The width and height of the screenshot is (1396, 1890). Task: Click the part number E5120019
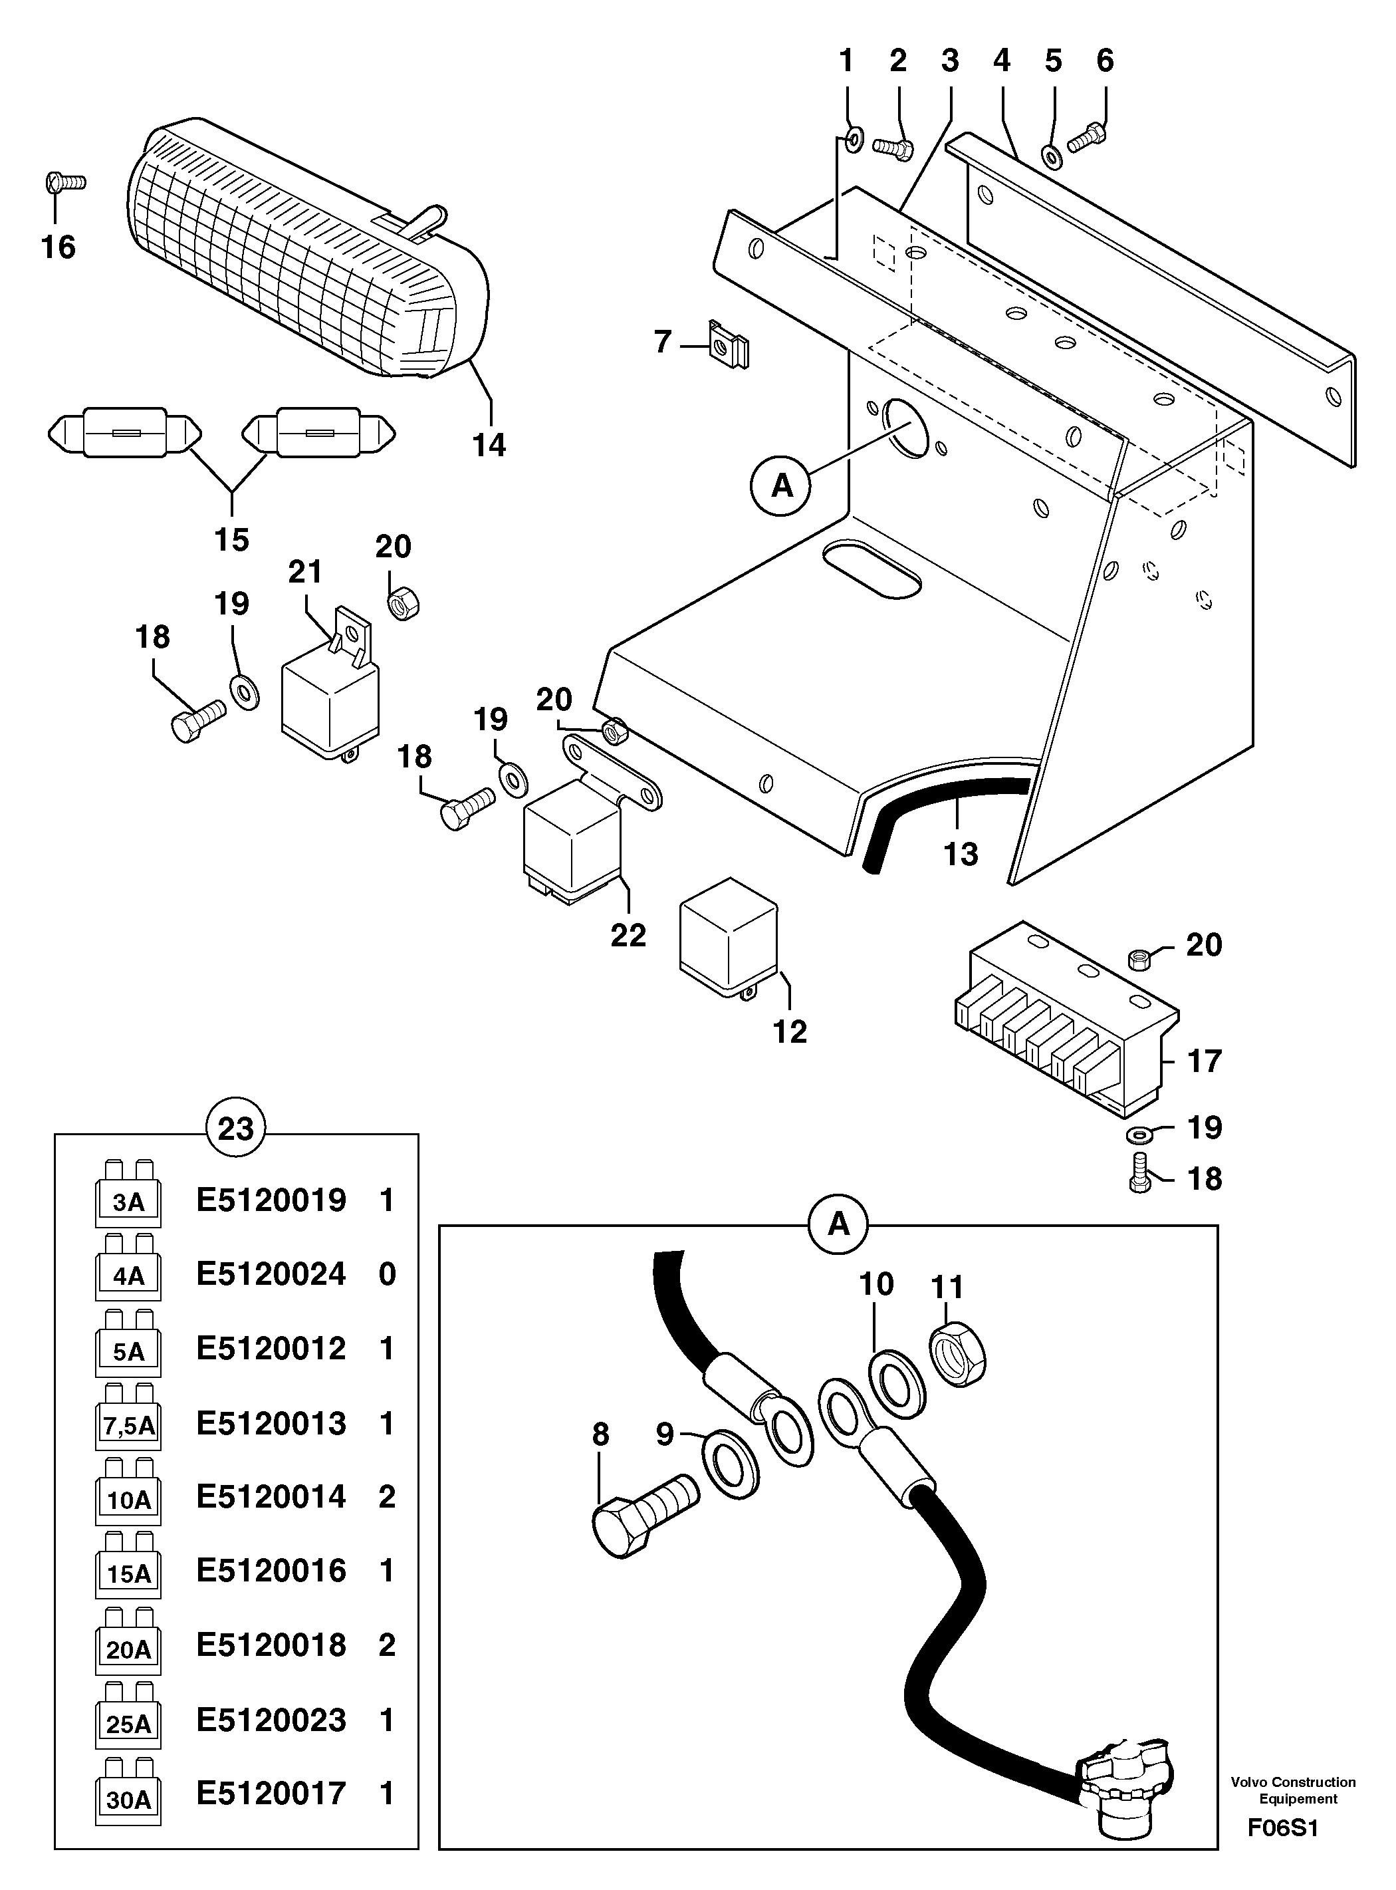271,1200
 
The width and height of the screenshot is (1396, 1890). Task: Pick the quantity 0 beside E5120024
387,1274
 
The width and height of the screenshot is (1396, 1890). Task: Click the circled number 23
236,1128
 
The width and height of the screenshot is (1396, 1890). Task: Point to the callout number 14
489,445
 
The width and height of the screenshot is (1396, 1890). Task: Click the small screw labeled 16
63,181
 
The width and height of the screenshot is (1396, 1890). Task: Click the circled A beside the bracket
782,486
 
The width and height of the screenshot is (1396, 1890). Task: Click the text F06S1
1283,1828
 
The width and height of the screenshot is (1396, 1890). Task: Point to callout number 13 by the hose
960,855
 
